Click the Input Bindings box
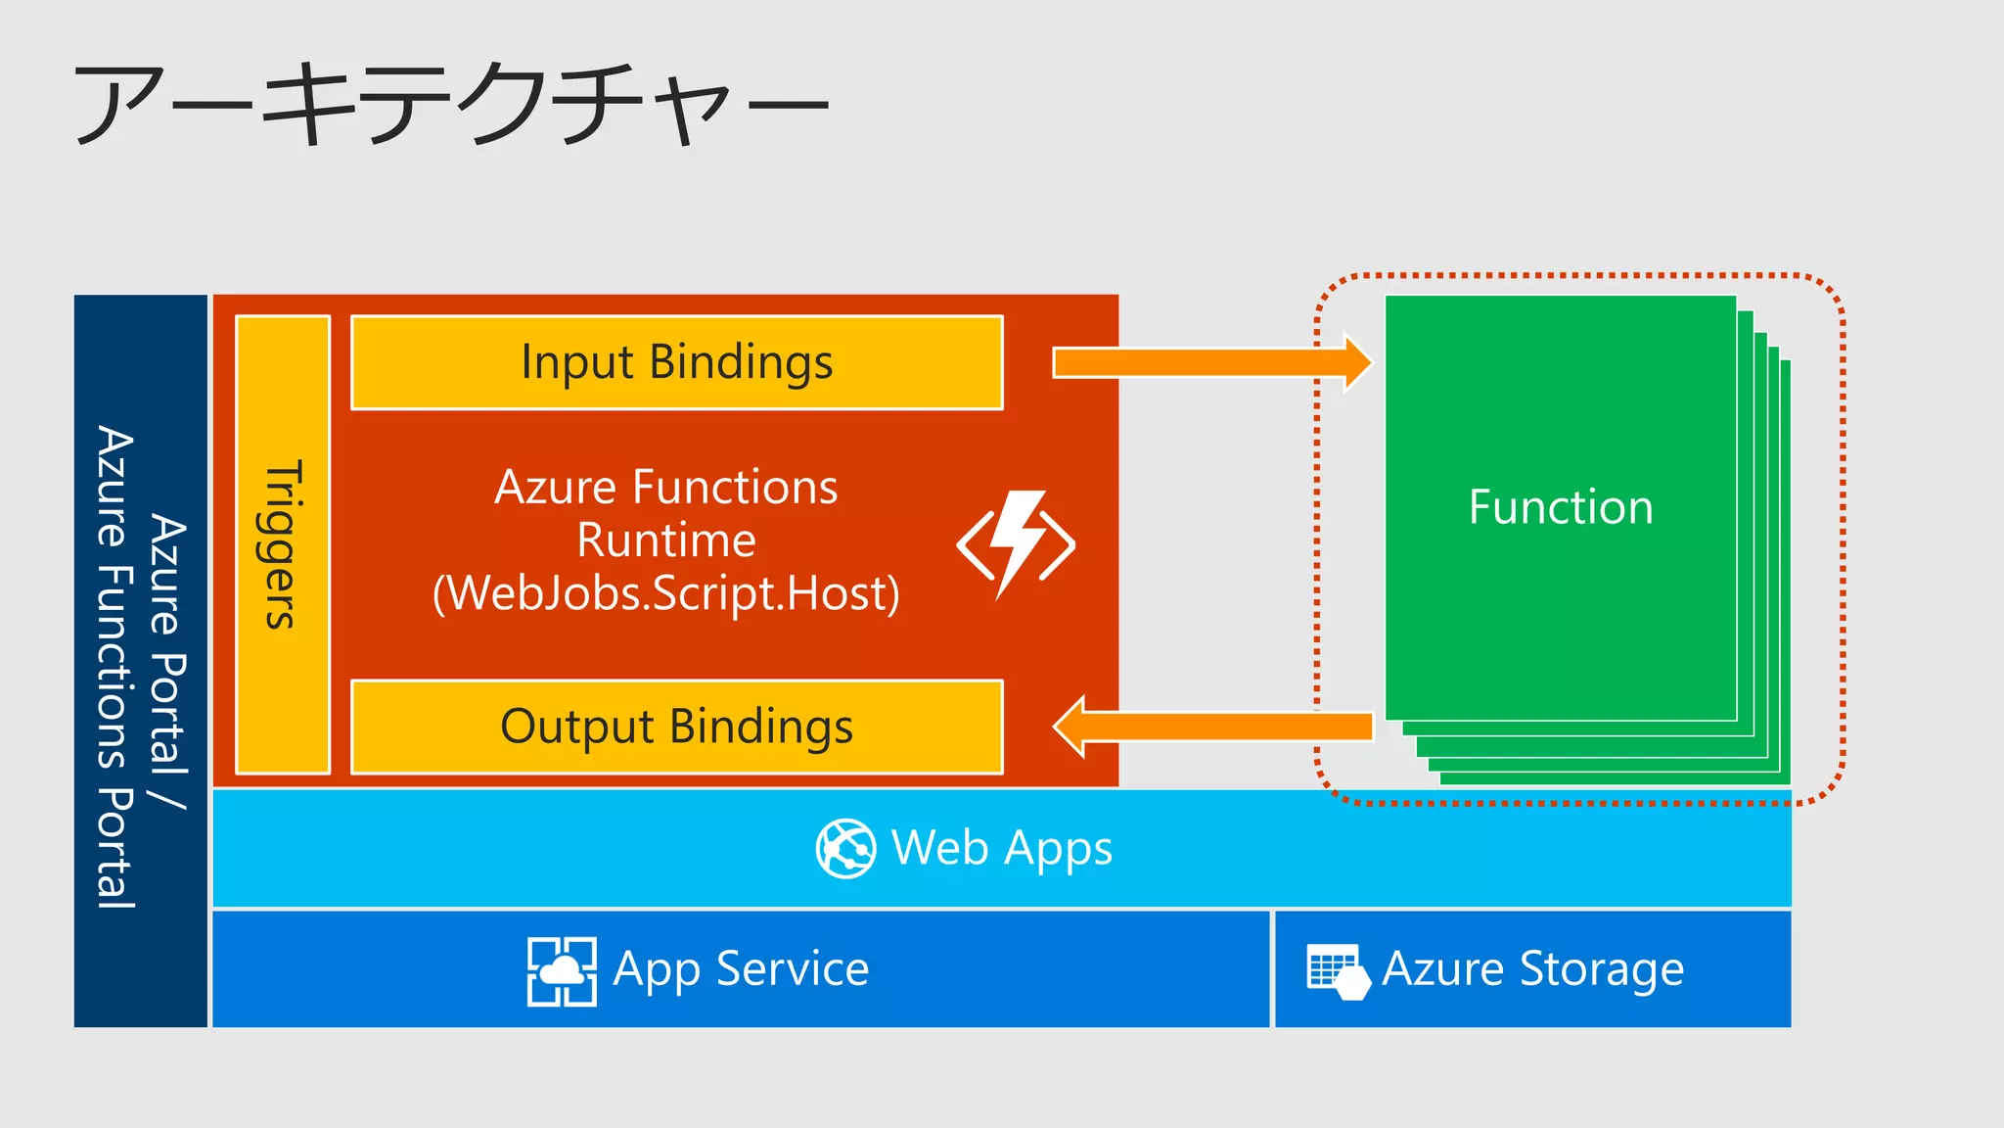coord(676,362)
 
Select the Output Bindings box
coord(676,727)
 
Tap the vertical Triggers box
coord(282,544)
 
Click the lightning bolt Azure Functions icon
coord(1016,544)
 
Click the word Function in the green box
coord(1560,507)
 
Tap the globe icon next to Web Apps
coord(845,848)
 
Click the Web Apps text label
coord(1002,848)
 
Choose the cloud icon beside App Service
coord(562,970)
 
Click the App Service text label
coord(741,969)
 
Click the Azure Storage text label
coord(1532,969)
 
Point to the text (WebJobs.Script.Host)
coord(665,593)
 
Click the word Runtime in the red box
coord(665,540)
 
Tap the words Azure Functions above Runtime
coord(665,487)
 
